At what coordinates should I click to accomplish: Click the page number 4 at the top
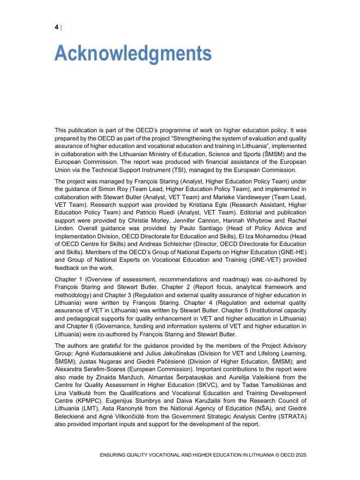pos(57,28)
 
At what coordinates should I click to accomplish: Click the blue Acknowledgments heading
pos(133,54)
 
